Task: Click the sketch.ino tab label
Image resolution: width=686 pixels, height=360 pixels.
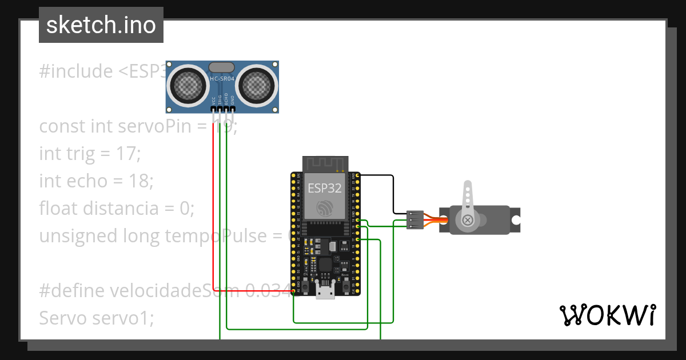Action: [x=101, y=25]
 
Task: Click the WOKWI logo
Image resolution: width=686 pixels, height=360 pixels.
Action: [x=607, y=315]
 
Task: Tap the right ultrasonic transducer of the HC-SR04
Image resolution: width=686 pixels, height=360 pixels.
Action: [x=256, y=86]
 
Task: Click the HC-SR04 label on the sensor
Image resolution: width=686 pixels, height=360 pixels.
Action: [x=222, y=78]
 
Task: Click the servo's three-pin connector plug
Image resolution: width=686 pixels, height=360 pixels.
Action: [x=415, y=220]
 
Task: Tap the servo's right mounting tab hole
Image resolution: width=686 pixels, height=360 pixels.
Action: [x=516, y=220]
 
